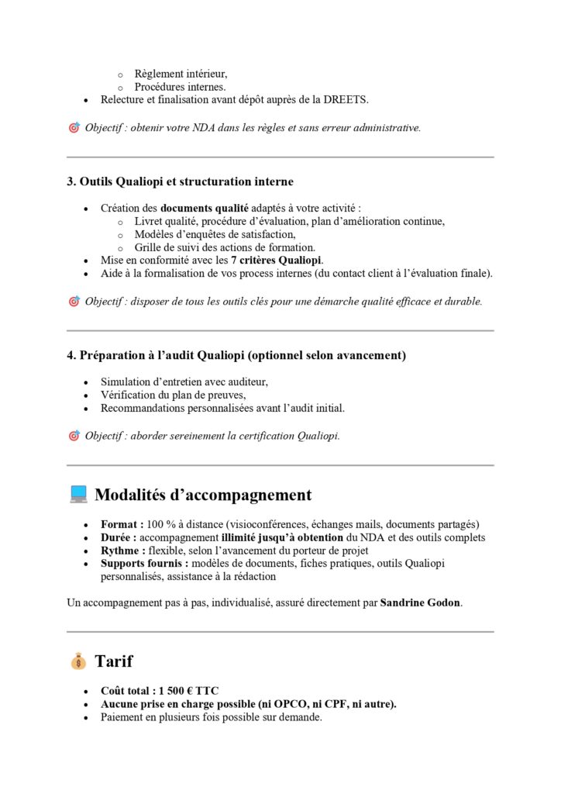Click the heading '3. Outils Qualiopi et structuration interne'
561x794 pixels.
180,181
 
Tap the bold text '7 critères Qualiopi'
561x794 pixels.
277,260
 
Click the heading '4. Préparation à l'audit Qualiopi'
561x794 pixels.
236,355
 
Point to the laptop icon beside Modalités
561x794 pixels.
78,495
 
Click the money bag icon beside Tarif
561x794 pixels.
78,661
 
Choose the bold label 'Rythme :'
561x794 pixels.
124,551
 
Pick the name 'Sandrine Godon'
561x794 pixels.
421,602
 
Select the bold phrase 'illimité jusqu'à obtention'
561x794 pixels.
282,537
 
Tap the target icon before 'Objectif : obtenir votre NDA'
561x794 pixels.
74,127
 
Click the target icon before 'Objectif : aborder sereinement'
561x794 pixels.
74,436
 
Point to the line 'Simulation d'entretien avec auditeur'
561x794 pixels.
184,381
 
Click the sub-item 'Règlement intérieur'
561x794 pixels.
180,74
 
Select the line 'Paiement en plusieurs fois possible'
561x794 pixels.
211,717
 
